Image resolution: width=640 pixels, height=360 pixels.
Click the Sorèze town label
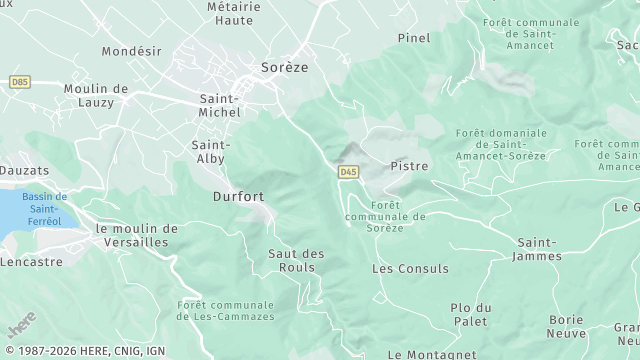[284, 67]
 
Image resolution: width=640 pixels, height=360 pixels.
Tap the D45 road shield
[348, 172]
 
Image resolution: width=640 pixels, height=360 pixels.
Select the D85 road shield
[19, 81]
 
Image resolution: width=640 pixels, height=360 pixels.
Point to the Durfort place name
[238, 197]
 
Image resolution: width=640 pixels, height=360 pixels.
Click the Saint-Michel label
[220, 105]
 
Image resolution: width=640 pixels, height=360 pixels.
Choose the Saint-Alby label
[211, 151]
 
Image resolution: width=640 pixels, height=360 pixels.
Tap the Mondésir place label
[132, 50]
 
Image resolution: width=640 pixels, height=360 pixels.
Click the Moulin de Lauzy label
[96, 95]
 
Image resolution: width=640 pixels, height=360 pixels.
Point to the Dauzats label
[24, 171]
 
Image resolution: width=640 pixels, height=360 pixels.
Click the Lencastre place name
[31, 262]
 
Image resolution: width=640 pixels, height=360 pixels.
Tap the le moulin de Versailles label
[136, 235]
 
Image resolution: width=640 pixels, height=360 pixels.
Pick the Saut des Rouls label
[297, 260]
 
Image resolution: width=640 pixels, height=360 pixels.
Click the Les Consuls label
[410, 269]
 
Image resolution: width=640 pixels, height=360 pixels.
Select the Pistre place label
[409, 166]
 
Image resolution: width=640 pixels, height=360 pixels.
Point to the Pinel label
[413, 38]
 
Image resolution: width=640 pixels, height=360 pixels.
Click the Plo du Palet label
[470, 314]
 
